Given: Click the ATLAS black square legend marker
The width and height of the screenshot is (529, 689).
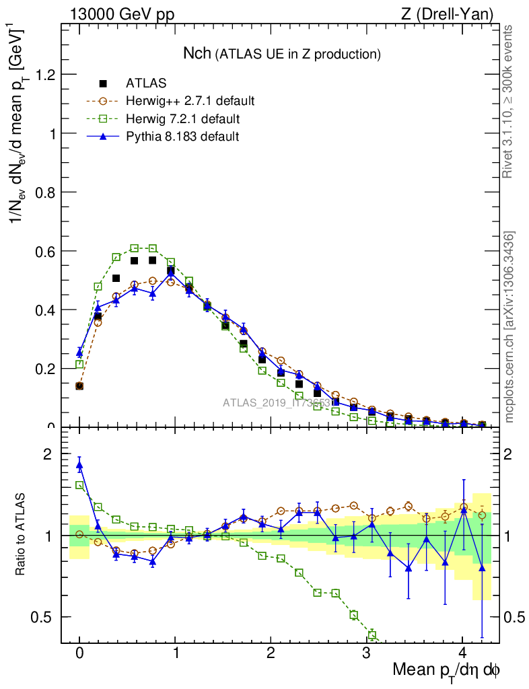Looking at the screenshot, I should [103, 83].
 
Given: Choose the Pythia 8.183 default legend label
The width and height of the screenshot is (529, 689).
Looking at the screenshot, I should [182, 137].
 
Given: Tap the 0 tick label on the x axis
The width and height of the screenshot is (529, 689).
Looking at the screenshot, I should [79, 653].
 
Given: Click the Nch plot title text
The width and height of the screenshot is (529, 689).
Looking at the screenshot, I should [283, 53].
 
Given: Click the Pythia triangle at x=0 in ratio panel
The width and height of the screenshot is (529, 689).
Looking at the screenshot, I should [79, 464].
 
